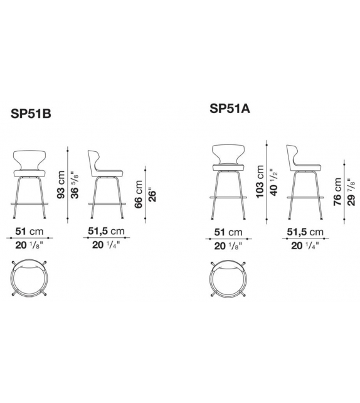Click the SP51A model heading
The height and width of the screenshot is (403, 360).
(230, 108)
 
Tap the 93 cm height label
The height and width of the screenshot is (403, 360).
(61, 185)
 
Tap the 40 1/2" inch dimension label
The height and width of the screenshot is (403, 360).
(272, 183)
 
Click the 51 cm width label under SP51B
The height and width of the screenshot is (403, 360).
(29, 231)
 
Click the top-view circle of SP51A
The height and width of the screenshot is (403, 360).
(228, 277)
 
